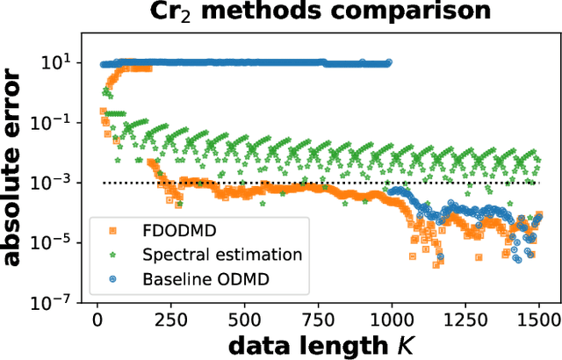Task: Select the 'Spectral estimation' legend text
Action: (221, 256)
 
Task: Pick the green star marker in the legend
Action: (112, 256)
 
